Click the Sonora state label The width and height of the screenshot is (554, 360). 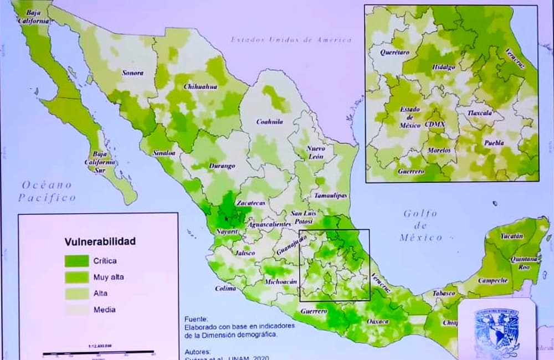click(133, 73)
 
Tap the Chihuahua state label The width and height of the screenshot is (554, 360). click(200, 87)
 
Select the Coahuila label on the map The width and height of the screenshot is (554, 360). click(269, 122)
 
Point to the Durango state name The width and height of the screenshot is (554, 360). click(222, 166)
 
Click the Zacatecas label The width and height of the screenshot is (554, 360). click(251, 203)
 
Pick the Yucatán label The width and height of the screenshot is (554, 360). click(511, 236)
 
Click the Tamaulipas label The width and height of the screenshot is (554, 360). click(330, 196)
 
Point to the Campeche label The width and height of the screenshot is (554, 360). click(493, 280)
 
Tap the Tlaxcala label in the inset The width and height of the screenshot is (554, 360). click(480, 112)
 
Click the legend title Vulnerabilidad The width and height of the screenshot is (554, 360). click(100, 241)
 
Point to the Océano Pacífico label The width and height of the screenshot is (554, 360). click(47, 191)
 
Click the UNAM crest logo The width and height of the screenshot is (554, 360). click(496, 331)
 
